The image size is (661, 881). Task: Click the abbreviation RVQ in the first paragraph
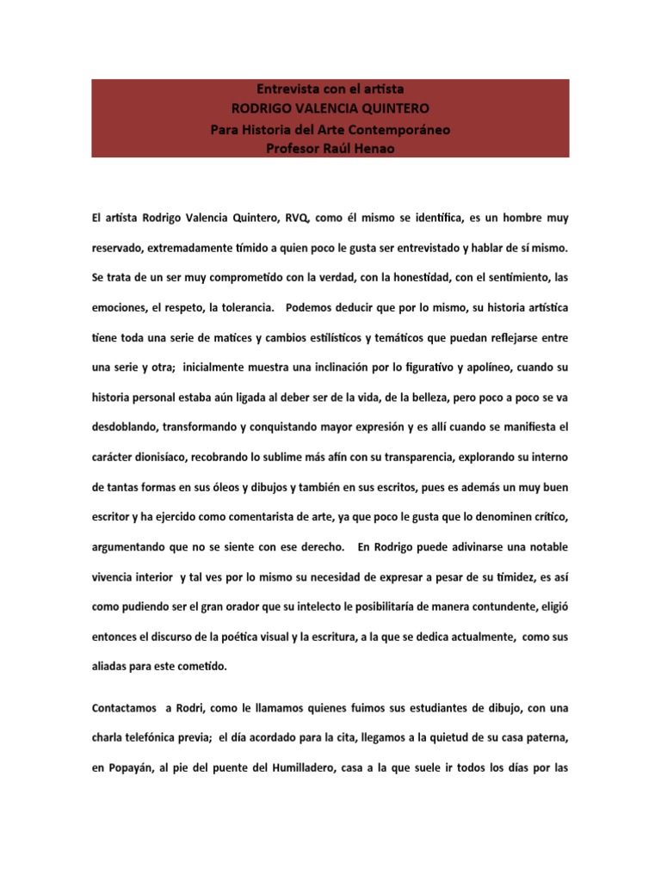(281, 219)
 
